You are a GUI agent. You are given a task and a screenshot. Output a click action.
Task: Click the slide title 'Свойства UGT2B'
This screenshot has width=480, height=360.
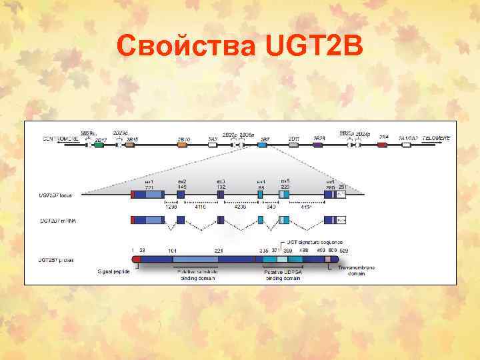239,47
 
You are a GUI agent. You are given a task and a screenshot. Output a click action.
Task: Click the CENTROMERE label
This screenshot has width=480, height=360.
61,138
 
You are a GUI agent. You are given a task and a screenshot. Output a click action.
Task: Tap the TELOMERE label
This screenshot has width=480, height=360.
434,137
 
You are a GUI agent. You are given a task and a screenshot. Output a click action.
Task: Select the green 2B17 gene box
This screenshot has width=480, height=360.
99,145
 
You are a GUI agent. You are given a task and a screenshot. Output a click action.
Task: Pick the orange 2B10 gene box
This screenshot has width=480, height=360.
183,145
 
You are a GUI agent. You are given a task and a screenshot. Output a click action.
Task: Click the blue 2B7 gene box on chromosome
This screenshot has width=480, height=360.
263,145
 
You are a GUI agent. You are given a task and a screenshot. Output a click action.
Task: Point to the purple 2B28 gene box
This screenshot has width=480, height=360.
318,145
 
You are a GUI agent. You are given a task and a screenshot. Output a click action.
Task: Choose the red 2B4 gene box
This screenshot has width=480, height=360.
382,144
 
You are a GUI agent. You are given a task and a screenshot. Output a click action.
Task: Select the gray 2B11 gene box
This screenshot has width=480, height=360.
293,145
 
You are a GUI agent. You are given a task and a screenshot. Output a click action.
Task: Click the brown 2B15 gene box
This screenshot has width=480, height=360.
132,145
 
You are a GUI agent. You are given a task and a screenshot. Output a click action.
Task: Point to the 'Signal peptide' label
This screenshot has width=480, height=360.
115,271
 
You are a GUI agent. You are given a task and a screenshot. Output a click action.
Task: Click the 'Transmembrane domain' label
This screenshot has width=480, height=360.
356,271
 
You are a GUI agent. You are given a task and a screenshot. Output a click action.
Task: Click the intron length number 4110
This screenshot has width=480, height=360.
200,207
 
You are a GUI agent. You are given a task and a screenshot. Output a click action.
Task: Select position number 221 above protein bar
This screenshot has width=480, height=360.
218,251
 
